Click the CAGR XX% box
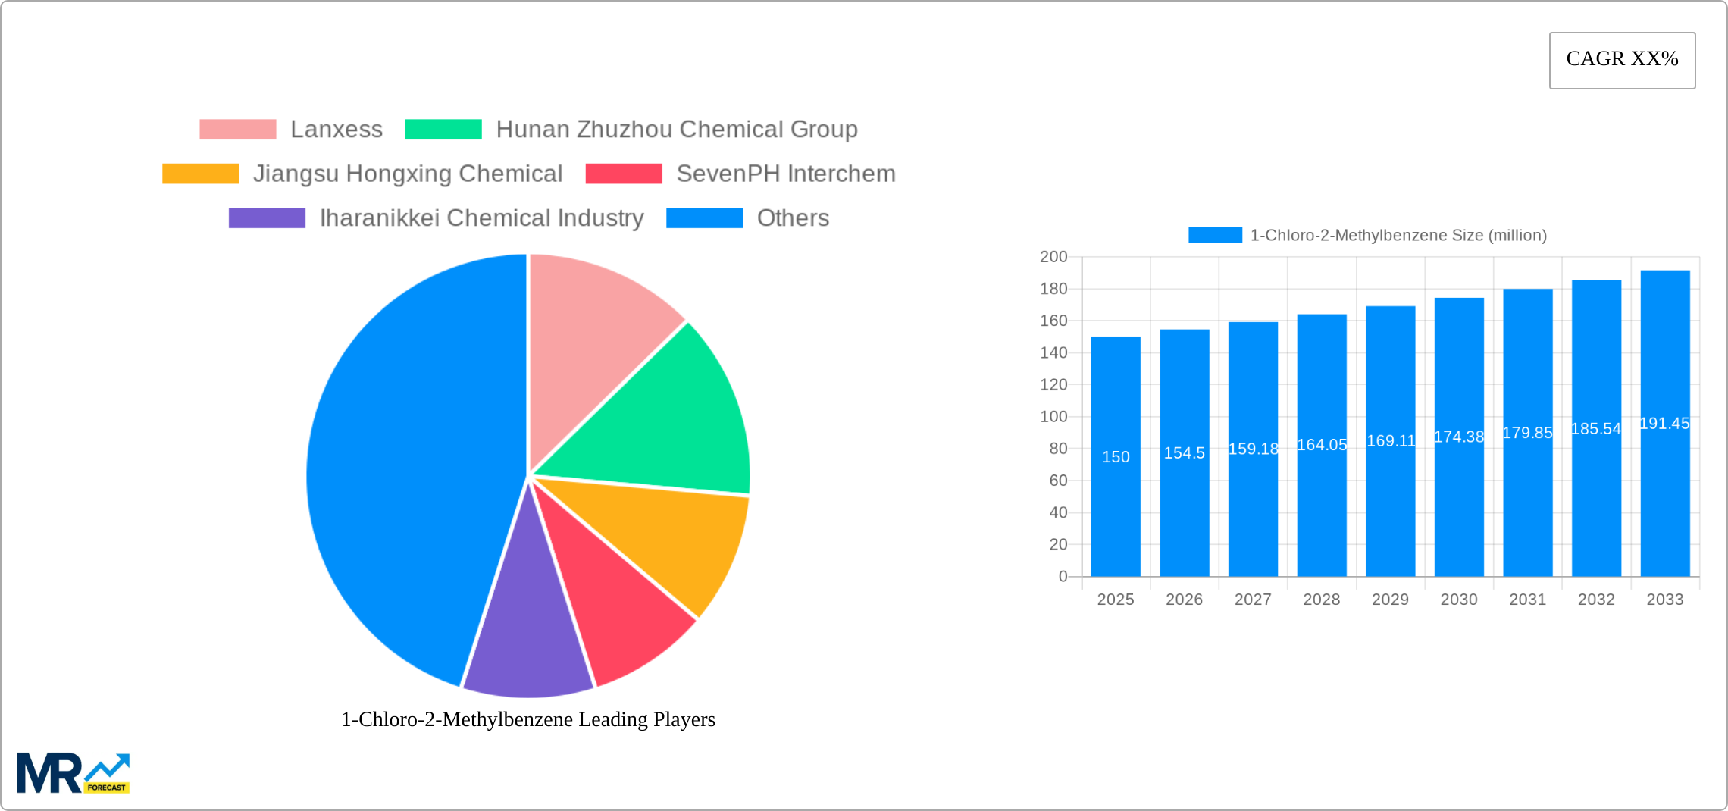coord(1622,60)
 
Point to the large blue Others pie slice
coord(402,470)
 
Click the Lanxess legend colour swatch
coord(237,130)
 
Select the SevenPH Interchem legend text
coord(785,174)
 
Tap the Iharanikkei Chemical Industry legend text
coord(481,218)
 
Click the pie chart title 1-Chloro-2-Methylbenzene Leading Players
coord(527,719)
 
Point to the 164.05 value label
coord(1322,445)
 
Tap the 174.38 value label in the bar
coord(1459,437)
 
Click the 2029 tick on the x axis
coord(1390,600)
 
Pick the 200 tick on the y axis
coord(1053,257)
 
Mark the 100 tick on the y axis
coord(1053,417)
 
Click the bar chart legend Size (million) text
coord(1398,236)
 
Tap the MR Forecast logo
coord(73,773)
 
